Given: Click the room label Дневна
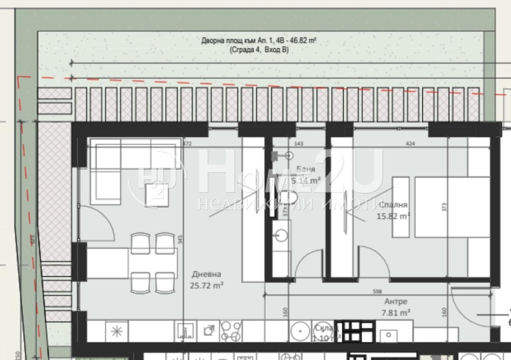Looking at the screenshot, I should click(206, 274).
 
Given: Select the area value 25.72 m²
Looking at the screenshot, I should click(207, 285).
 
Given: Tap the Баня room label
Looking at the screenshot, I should click(306, 169).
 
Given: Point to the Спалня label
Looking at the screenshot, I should click(393, 205).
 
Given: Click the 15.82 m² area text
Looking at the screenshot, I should click(393, 216).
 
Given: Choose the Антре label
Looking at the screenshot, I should click(396, 301).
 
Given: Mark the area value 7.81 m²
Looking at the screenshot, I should click(396, 312).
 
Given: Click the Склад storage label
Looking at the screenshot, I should click(326, 328).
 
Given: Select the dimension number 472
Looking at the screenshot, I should click(187, 144).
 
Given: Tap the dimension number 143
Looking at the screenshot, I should click(299, 144).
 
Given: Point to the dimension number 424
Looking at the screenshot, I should click(410, 144).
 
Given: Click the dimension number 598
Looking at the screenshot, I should click(377, 291).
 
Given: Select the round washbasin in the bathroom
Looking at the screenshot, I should click(281, 236).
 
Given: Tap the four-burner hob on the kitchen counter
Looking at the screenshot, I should click(231, 331).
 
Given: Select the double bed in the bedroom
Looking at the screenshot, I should click(452, 207).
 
